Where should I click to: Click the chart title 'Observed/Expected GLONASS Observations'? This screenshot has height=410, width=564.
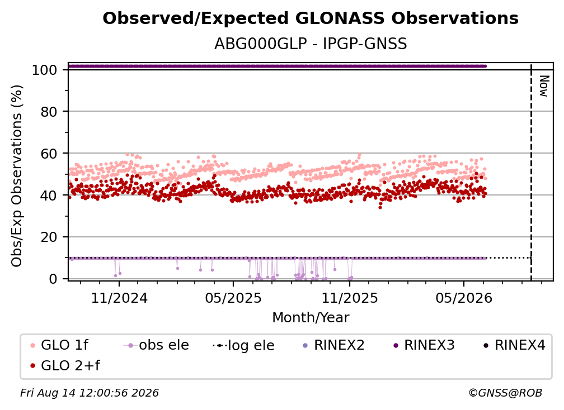point(311,18)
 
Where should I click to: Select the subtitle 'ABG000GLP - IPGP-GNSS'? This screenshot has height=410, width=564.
point(311,44)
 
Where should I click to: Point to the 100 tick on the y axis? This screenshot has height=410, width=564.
point(44,70)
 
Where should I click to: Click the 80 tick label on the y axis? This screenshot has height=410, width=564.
point(49,112)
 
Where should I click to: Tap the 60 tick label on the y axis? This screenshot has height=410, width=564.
point(49,153)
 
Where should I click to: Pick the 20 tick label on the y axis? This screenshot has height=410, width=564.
point(49,237)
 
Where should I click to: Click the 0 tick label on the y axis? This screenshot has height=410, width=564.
point(53,279)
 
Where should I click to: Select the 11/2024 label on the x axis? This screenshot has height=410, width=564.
point(119,298)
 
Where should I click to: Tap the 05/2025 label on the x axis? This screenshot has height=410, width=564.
point(233,298)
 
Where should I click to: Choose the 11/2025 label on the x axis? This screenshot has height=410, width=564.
point(350,298)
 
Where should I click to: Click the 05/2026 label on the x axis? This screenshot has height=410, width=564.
point(464,298)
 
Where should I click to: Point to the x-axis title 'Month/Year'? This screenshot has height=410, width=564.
point(311,318)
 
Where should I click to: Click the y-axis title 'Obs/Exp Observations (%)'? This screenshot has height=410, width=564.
point(17,176)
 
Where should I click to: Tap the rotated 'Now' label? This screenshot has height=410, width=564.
point(544,86)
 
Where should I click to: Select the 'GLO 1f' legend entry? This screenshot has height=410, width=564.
point(59,345)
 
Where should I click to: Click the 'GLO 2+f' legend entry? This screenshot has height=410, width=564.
point(65,365)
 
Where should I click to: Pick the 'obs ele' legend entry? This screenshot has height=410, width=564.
point(156,345)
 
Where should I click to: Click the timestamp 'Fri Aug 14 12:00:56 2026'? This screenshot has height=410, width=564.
point(90,393)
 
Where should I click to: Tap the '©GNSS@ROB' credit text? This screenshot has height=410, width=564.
point(505,393)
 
